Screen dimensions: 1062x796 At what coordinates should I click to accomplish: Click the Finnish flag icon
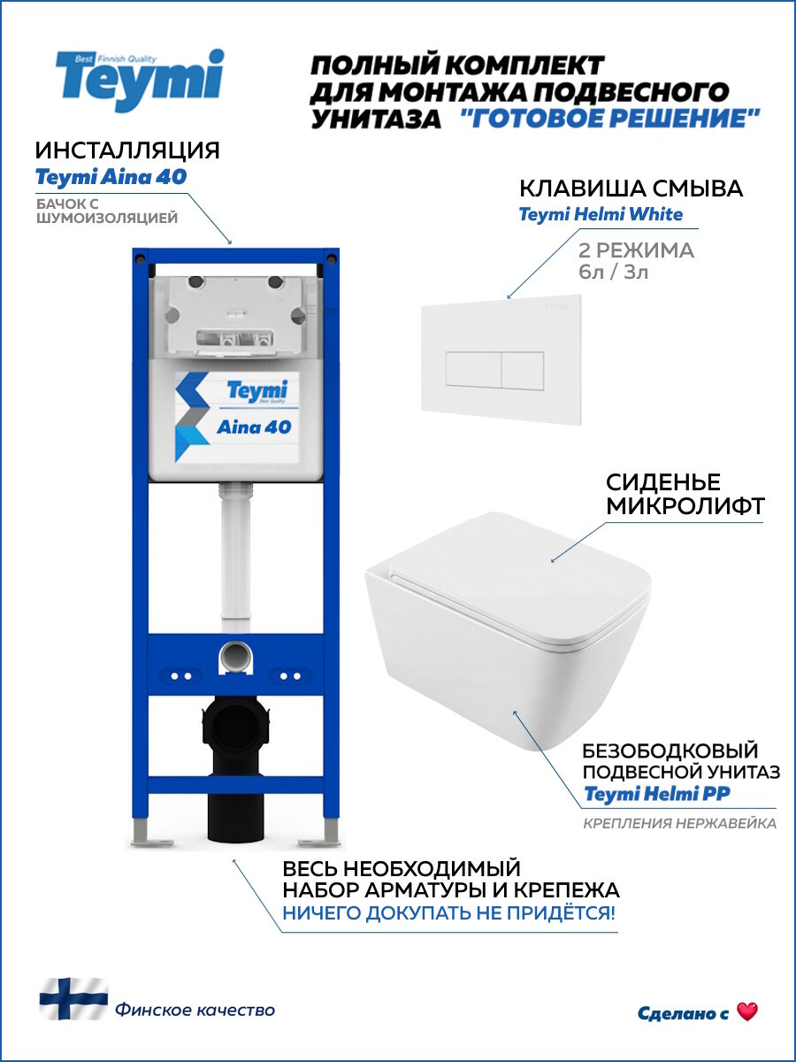[x=73, y=998]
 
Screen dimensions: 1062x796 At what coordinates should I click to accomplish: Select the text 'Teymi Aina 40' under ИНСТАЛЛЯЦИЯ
[x=111, y=177]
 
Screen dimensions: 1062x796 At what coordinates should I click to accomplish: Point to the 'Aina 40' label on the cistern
[x=253, y=427]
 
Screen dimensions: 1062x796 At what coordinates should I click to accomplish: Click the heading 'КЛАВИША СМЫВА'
[x=630, y=189]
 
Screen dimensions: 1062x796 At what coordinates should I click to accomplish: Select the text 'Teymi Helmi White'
[x=601, y=215]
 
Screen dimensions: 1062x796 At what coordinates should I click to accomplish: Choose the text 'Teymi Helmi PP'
[x=656, y=794]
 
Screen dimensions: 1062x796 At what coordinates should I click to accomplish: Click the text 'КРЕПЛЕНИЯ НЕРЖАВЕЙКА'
[x=679, y=824]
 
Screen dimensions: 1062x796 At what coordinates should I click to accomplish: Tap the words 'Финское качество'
[x=195, y=1010]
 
